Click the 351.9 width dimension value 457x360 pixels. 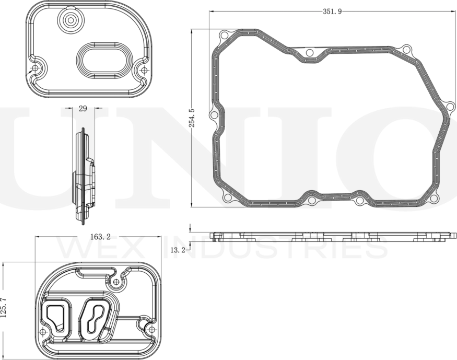(332, 11)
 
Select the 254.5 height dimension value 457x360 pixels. (192, 118)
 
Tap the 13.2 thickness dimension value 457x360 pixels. (178, 250)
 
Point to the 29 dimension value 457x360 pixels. (83, 109)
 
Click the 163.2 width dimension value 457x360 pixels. (100, 237)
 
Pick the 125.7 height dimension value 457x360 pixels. (4, 307)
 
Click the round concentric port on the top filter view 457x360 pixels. (70, 20)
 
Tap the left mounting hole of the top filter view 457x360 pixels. (36, 68)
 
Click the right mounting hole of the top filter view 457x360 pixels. (144, 70)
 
